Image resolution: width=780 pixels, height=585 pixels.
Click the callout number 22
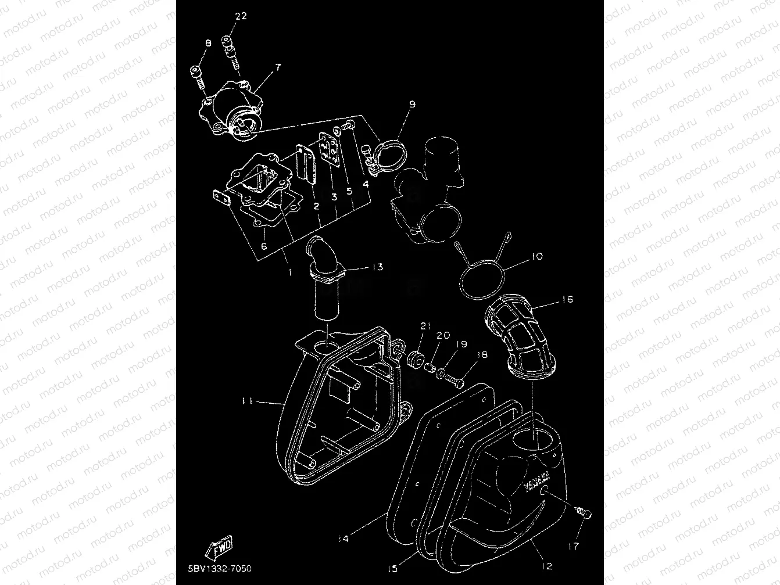click(241, 16)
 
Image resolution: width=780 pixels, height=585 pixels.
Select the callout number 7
click(278, 68)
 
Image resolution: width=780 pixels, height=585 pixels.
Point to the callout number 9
click(412, 105)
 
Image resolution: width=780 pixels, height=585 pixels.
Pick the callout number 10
click(536, 256)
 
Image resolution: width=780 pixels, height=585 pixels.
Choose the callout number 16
click(567, 299)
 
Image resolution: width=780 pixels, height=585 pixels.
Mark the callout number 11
click(246, 401)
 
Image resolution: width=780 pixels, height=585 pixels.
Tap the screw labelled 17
click(583, 512)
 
